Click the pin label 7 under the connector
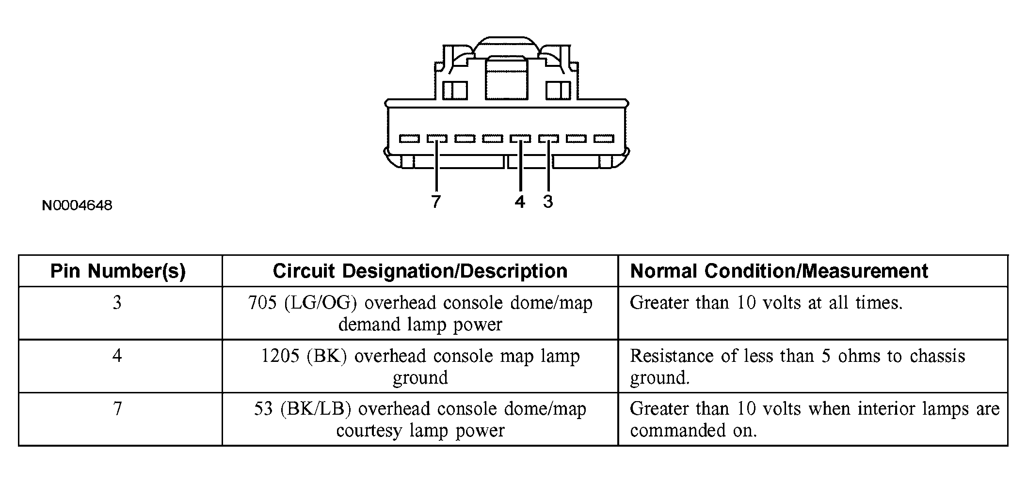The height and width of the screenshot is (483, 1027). click(436, 201)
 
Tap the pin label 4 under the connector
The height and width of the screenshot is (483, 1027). click(520, 201)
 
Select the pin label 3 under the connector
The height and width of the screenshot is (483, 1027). click(548, 201)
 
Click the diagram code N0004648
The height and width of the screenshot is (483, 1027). click(77, 206)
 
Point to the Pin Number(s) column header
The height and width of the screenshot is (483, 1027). click(118, 271)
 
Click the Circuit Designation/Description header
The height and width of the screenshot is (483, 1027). click(420, 271)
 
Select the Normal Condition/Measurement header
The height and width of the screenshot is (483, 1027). click(779, 271)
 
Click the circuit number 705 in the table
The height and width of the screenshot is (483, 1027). click(262, 303)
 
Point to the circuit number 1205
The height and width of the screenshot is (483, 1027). click(280, 357)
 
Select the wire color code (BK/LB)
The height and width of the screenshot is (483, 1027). click(315, 409)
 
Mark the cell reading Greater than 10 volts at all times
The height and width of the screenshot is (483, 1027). click(766, 303)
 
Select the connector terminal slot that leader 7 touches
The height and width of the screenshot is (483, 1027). click(437, 139)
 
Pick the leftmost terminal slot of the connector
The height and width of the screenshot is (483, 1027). click(409, 139)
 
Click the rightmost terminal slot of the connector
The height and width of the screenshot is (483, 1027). click(604, 139)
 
